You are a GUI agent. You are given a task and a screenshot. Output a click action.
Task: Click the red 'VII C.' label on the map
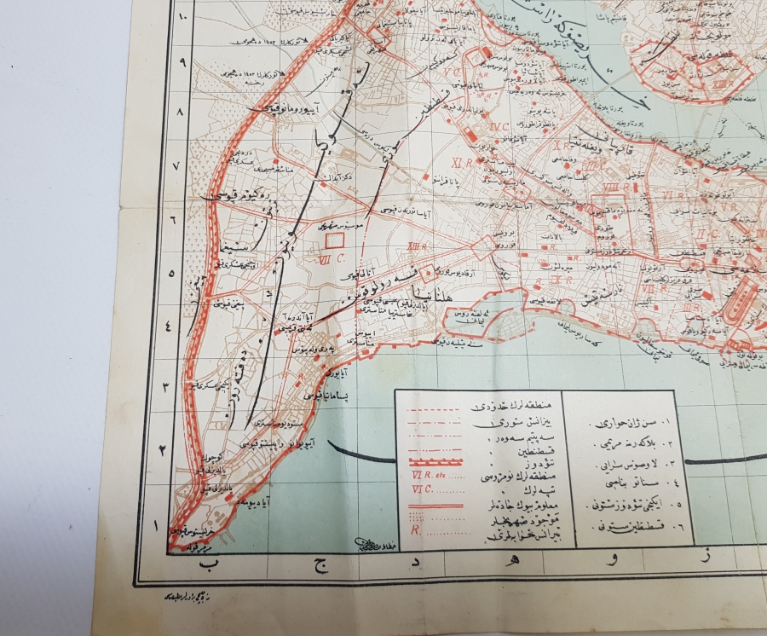click(329, 258)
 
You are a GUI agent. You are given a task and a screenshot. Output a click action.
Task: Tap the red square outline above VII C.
click(335, 241)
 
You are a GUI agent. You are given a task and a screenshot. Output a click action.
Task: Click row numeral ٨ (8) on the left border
click(178, 112)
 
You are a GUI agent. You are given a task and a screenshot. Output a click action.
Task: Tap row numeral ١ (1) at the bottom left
click(154, 525)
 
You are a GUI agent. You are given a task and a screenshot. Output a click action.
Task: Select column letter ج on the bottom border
click(321, 564)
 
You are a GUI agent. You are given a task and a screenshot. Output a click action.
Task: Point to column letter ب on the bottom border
click(201, 564)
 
